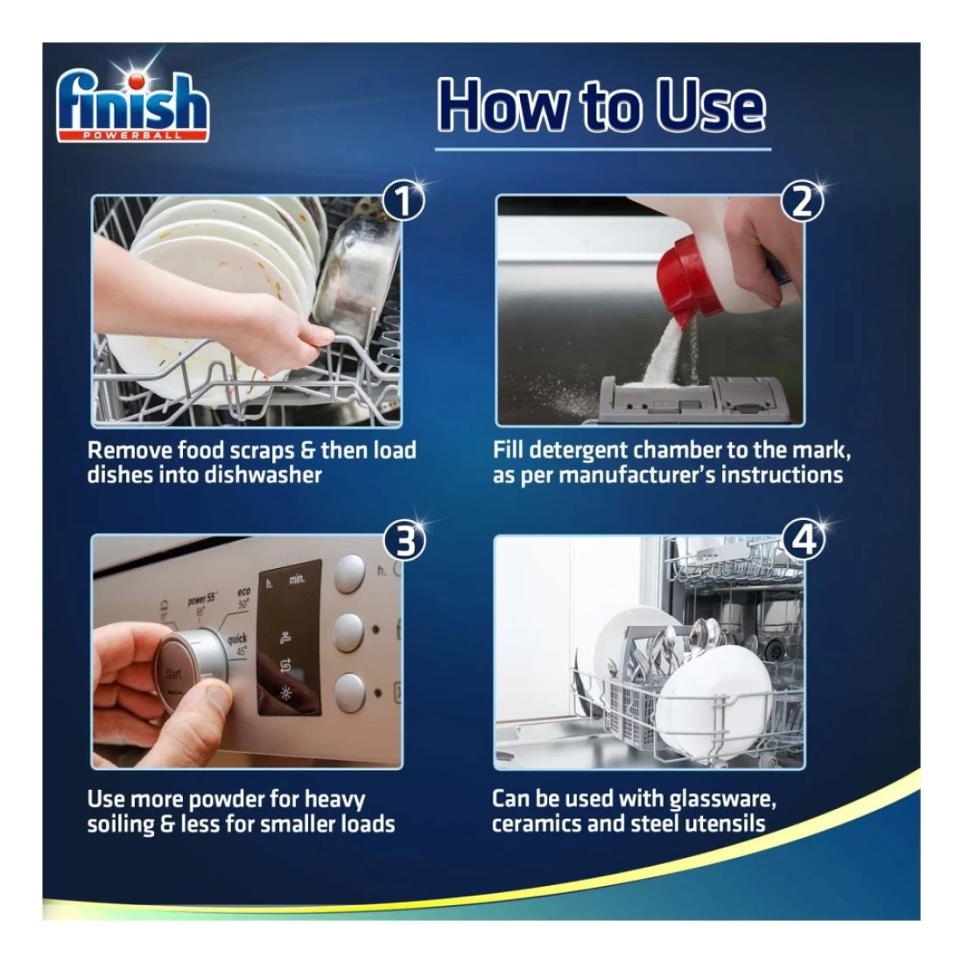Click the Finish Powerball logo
click(133, 104)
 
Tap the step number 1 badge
click(404, 201)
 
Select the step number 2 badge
click(802, 201)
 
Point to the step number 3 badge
click(404, 541)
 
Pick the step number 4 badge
click(804, 540)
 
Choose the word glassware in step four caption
click(722, 800)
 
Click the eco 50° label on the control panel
click(243, 598)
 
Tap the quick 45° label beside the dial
click(237, 644)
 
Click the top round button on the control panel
click(349, 574)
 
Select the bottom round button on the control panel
click(350, 692)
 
